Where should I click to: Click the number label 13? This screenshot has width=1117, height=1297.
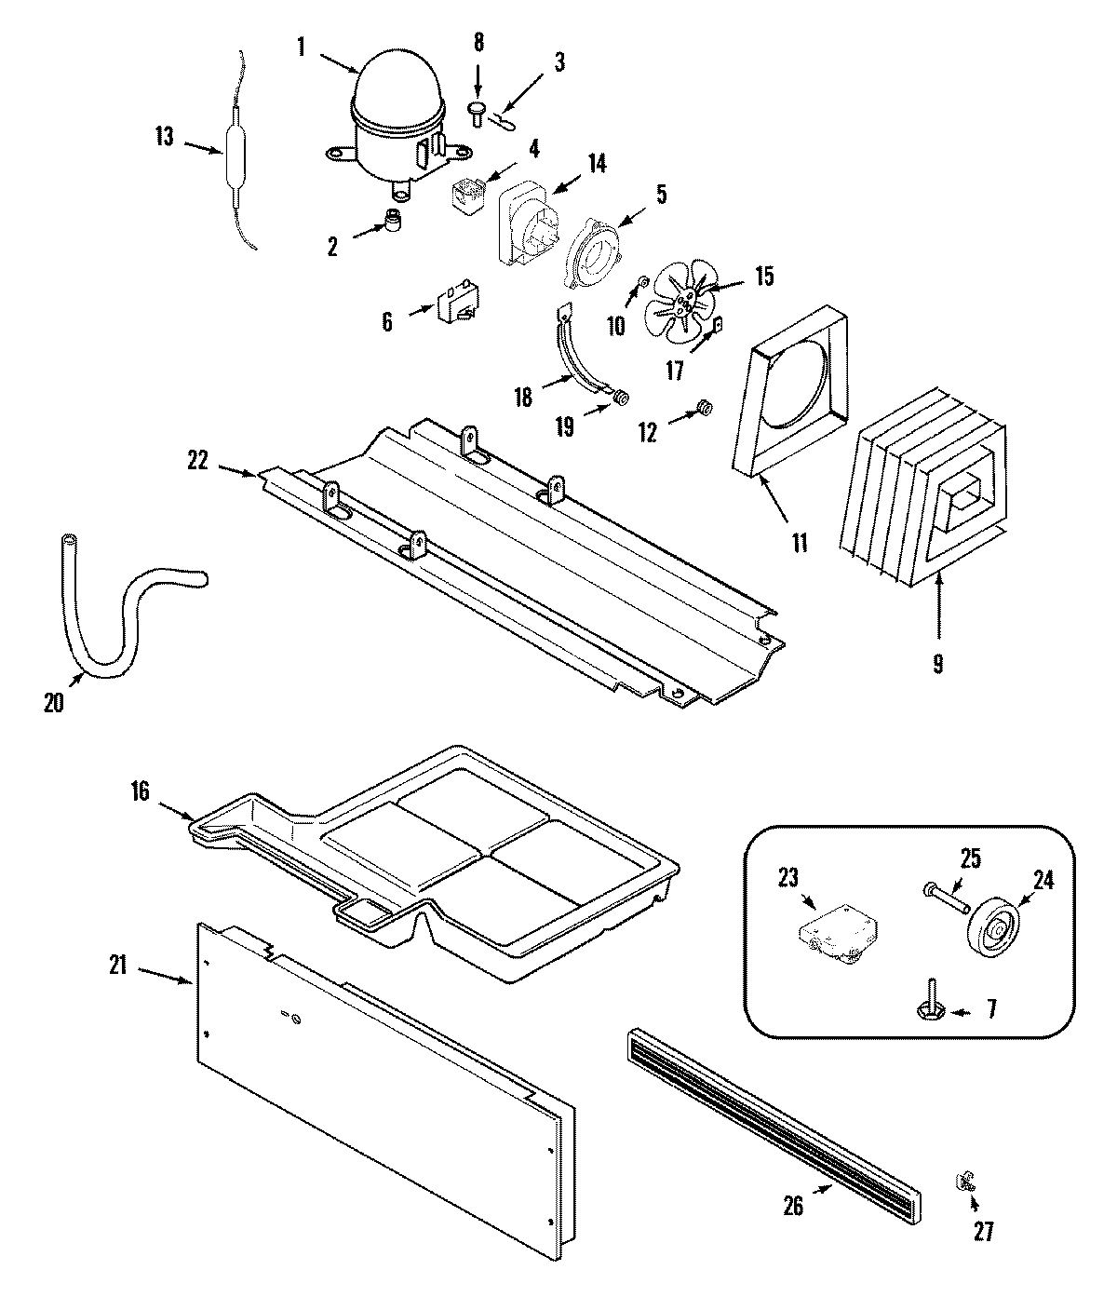pyautogui.click(x=164, y=137)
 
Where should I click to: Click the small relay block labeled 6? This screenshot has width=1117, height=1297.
pyautogui.click(x=452, y=308)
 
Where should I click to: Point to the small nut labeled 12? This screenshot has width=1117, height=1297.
pyautogui.click(x=705, y=407)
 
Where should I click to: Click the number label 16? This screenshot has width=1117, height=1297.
pyautogui.click(x=141, y=791)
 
